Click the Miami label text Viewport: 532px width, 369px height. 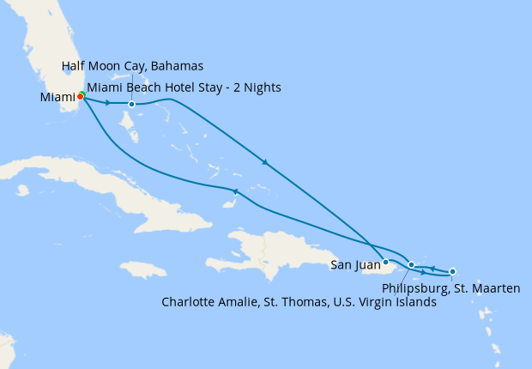click(x=57, y=97)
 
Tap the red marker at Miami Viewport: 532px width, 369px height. click(x=80, y=96)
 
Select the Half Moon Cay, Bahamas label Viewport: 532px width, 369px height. click(x=133, y=66)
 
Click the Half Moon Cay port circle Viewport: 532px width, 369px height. click(x=131, y=105)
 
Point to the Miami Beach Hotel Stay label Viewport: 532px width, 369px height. click(x=184, y=88)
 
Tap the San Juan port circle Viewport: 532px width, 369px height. click(x=386, y=262)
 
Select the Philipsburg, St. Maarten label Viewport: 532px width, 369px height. click(x=451, y=288)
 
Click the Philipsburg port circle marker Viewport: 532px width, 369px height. click(x=452, y=271)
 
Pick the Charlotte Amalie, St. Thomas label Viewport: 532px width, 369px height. click(x=299, y=302)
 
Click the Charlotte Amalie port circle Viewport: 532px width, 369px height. click(x=412, y=265)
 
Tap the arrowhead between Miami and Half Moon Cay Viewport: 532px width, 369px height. click(x=107, y=104)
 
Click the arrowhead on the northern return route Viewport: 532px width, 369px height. click(x=265, y=162)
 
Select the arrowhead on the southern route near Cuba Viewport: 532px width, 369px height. click(x=234, y=191)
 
